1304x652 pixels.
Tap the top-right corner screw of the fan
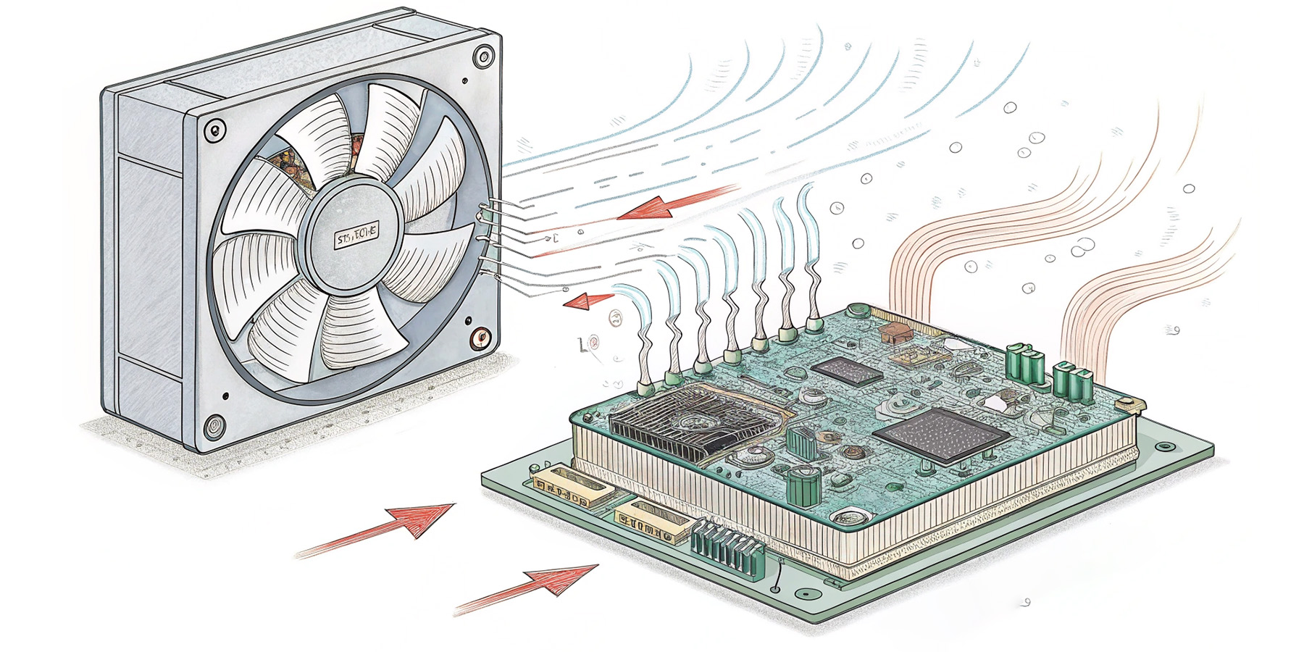(x=482, y=56)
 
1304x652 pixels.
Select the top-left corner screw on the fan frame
(x=212, y=131)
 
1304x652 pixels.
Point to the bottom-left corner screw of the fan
(x=214, y=425)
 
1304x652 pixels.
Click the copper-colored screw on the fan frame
(x=479, y=338)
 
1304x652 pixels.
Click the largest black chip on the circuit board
(x=940, y=434)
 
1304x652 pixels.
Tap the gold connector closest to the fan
(x=569, y=488)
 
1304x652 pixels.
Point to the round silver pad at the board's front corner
(x=848, y=518)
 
